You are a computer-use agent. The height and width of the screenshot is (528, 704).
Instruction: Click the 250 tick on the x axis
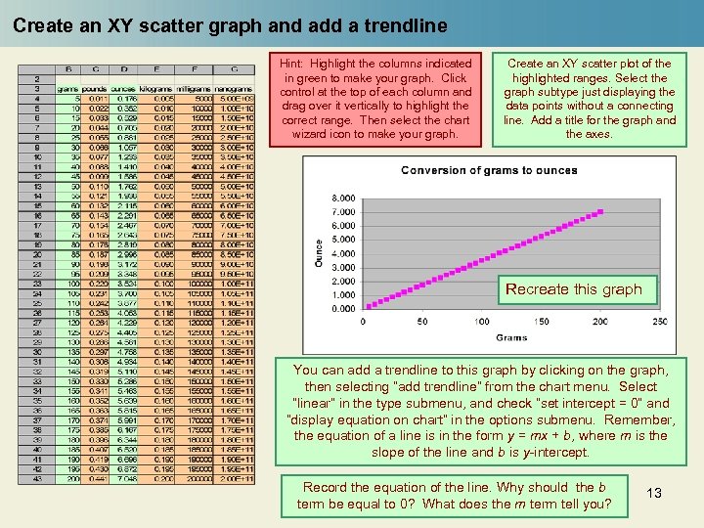coord(659,322)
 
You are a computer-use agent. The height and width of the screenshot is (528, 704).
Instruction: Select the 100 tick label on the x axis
coord(482,322)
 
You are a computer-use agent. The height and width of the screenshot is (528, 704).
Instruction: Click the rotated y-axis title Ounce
coord(319,252)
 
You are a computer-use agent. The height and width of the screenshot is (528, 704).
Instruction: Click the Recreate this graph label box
coord(573,289)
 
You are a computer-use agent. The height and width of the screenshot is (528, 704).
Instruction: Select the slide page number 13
coord(654,493)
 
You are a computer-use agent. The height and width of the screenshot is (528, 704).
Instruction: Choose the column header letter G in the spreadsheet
coord(233,69)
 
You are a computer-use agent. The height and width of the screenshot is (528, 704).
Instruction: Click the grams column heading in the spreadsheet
coord(69,89)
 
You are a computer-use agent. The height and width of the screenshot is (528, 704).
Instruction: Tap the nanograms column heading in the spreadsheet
coord(233,89)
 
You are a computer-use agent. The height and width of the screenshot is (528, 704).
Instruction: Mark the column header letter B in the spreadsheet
coord(69,69)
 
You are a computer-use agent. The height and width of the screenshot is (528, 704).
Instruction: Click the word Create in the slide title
coord(40,26)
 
